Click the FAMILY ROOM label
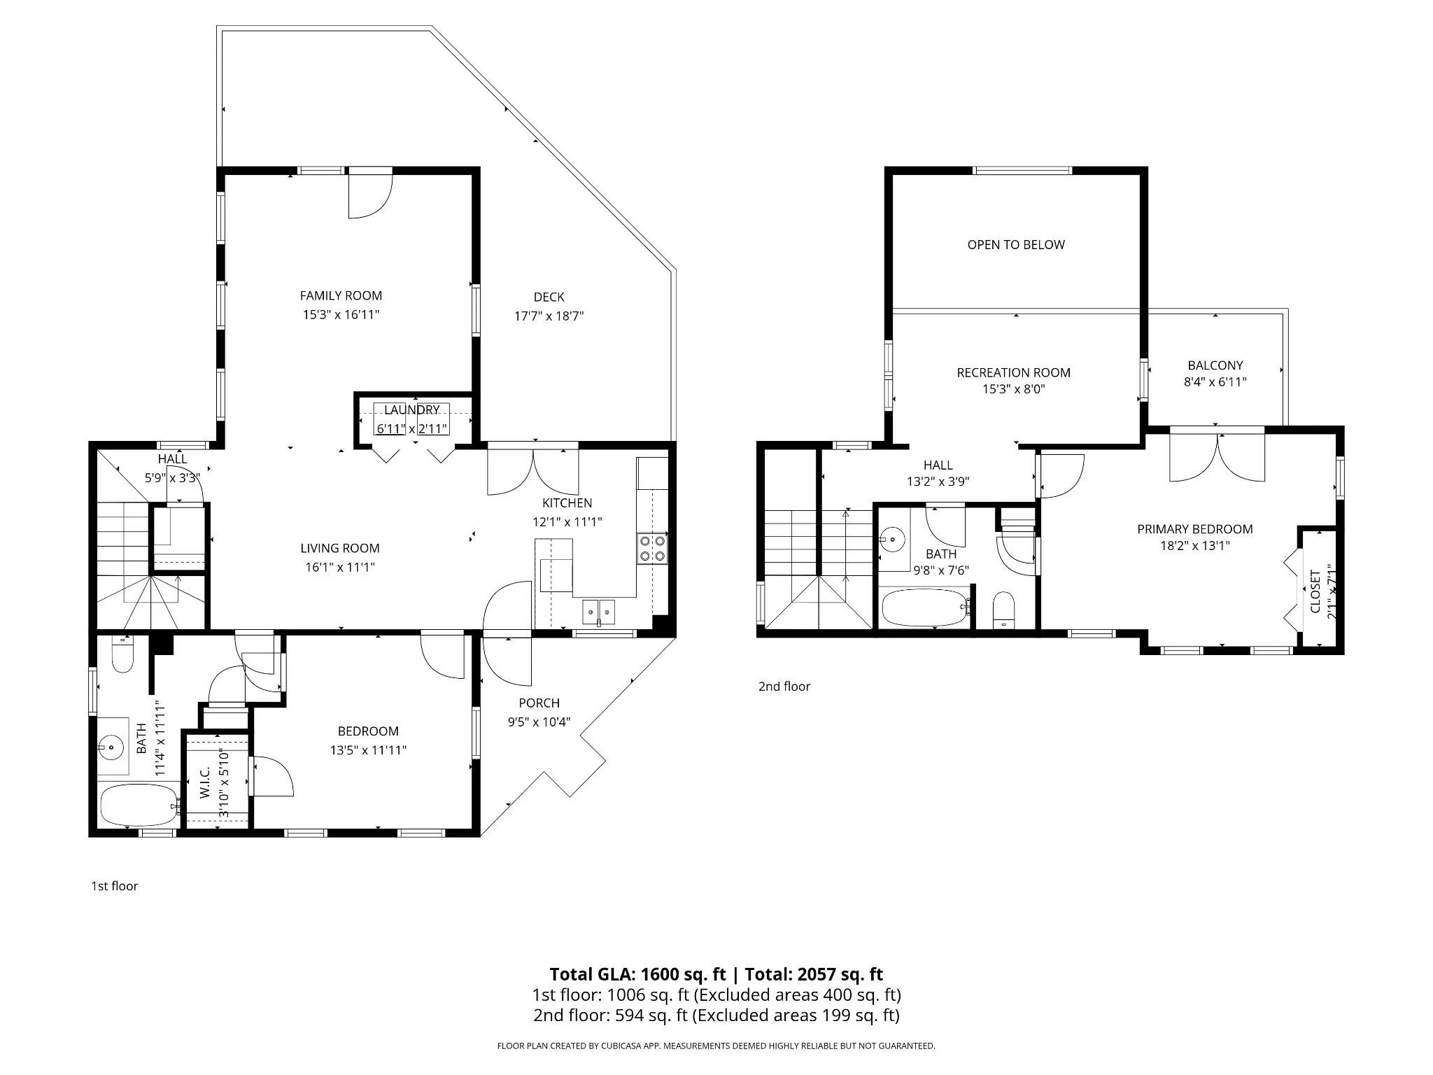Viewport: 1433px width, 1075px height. pos(341,295)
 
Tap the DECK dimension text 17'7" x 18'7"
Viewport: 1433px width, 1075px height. pos(549,316)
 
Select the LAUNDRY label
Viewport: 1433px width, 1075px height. pos(412,410)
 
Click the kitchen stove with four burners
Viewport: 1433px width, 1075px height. pos(652,548)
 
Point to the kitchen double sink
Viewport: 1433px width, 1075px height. pos(599,611)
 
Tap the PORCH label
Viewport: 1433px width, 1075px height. pos(539,703)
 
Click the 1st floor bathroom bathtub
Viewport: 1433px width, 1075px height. pos(140,805)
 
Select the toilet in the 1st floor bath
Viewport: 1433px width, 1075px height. pos(122,654)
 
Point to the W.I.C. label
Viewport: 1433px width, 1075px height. pos(204,782)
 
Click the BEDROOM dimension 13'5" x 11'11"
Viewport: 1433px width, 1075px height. pos(368,750)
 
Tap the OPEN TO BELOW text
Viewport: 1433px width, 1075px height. pos(1016,244)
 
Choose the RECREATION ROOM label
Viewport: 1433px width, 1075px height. pos(1013,372)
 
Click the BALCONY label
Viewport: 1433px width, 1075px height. pos(1215,365)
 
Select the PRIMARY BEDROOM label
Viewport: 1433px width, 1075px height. pos(1194,529)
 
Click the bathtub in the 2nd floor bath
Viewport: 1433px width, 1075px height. pos(925,608)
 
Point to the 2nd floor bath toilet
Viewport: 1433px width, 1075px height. pos(1004,610)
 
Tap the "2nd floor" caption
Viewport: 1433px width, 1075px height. pos(784,687)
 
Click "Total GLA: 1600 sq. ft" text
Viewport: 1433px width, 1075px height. pos(637,974)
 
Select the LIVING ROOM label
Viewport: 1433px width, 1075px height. pos(340,548)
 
